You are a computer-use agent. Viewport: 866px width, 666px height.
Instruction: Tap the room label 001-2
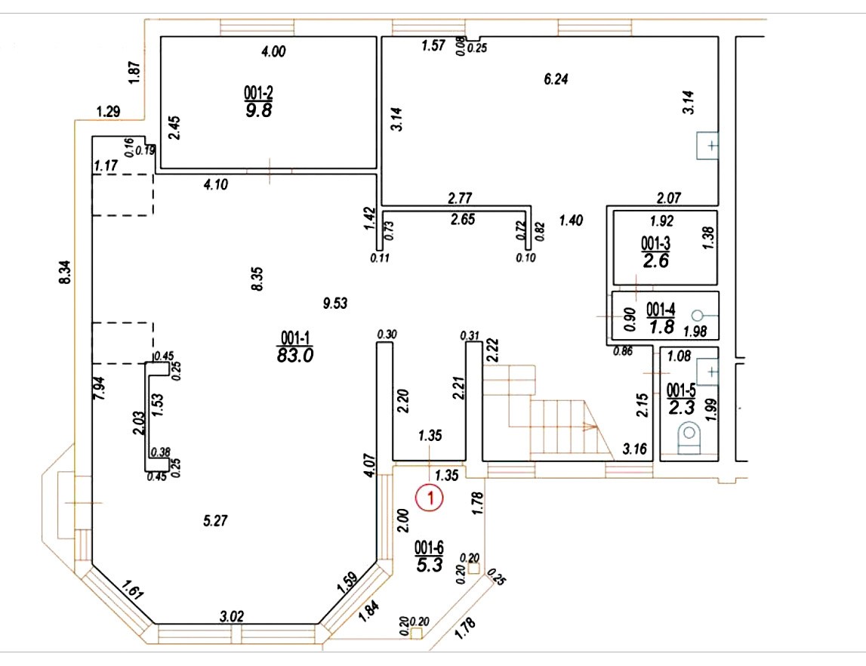coord(258,91)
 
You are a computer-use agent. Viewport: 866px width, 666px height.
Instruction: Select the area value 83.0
coord(295,355)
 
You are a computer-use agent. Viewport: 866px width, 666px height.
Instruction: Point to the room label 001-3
coord(655,242)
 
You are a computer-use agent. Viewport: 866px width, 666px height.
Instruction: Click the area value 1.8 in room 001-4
coord(661,327)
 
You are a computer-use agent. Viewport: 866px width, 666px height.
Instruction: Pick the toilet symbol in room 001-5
coord(688,437)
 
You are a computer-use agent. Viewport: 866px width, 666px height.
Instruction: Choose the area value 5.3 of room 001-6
coord(429,565)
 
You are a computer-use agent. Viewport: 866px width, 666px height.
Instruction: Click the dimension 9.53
coord(335,304)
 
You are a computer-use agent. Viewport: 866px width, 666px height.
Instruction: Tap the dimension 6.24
coord(556,79)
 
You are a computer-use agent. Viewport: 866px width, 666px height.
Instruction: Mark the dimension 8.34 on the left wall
coord(65,273)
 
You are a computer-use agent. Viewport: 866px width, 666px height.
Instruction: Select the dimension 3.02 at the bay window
coord(232,615)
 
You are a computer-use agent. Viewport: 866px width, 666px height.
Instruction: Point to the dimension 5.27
coord(215,520)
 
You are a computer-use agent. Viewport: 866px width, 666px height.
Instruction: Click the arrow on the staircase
coord(590,427)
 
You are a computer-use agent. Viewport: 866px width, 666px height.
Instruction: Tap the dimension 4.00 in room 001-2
coord(273,51)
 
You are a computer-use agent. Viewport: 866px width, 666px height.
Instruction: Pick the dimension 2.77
coord(460,197)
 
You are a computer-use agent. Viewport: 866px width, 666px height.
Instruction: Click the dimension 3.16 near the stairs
coord(634,449)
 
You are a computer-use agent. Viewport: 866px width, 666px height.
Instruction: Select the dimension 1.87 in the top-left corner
coord(134,72)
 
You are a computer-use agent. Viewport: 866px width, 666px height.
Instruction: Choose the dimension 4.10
coord(215,184)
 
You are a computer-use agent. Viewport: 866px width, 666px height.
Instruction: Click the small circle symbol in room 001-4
coord(697,316)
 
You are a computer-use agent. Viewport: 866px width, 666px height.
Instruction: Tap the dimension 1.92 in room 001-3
coord(661,221)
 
